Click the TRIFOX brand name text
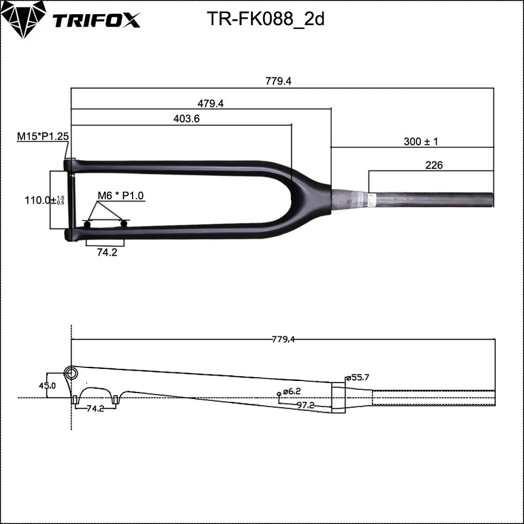[96, 20]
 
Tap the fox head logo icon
[23, 19]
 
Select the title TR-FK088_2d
[266, 19]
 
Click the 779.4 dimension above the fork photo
[278, 81]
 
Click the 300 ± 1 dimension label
[421, 141]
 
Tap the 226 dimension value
[433, 165]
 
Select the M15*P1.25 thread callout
[42, 136]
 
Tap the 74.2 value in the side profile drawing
[96, 409]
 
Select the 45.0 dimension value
[46, 385]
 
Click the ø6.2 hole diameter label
[292, 391]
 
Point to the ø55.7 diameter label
[360, 377]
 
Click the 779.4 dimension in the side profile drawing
[283, 340]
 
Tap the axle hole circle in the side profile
[71, 373]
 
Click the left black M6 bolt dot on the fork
[87, 224]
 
